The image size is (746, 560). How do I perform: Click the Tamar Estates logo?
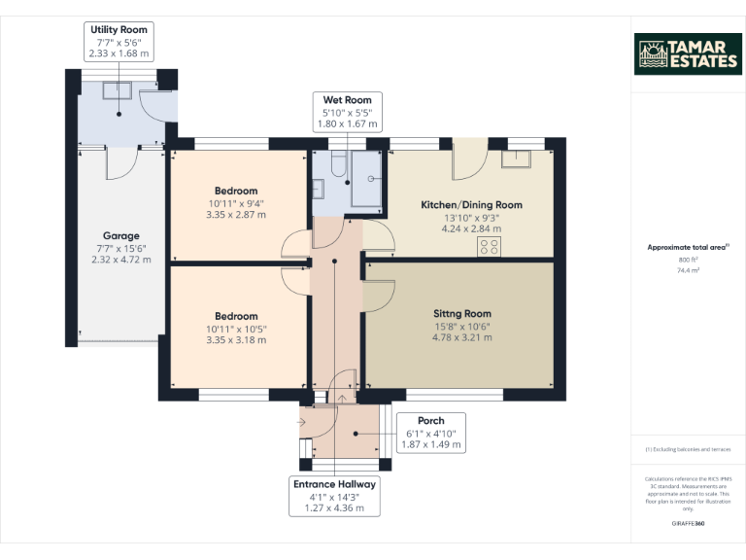pos(688,53)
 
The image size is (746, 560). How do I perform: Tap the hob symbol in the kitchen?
pos(489,247)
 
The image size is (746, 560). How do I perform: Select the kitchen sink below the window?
pos(516,159)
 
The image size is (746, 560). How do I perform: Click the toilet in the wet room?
pos(338,164)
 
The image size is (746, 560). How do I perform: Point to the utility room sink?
pos(117,90)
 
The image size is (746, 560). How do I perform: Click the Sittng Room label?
pos(462,314)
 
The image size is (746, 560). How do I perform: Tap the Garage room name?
pos(121,235)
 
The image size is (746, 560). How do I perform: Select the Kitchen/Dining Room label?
pos(471,205)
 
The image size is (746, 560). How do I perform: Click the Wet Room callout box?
pos(348,112)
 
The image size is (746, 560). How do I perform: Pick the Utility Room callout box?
pos(119,42)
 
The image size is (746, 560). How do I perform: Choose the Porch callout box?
pos(431,433)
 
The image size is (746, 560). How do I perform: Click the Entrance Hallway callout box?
pos(334,496)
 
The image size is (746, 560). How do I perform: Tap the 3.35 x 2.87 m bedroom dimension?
pos(236,215)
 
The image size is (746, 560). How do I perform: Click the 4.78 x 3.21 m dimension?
pos(462,337)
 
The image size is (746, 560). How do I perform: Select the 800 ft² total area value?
pos(688,260)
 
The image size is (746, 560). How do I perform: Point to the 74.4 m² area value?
pos(688,270)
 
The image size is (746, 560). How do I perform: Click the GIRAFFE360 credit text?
pos(688,523)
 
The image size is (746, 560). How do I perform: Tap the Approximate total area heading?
pos(688,247)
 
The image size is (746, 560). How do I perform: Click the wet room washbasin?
pos(318,189)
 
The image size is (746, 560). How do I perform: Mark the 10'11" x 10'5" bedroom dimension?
pos(236,329)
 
